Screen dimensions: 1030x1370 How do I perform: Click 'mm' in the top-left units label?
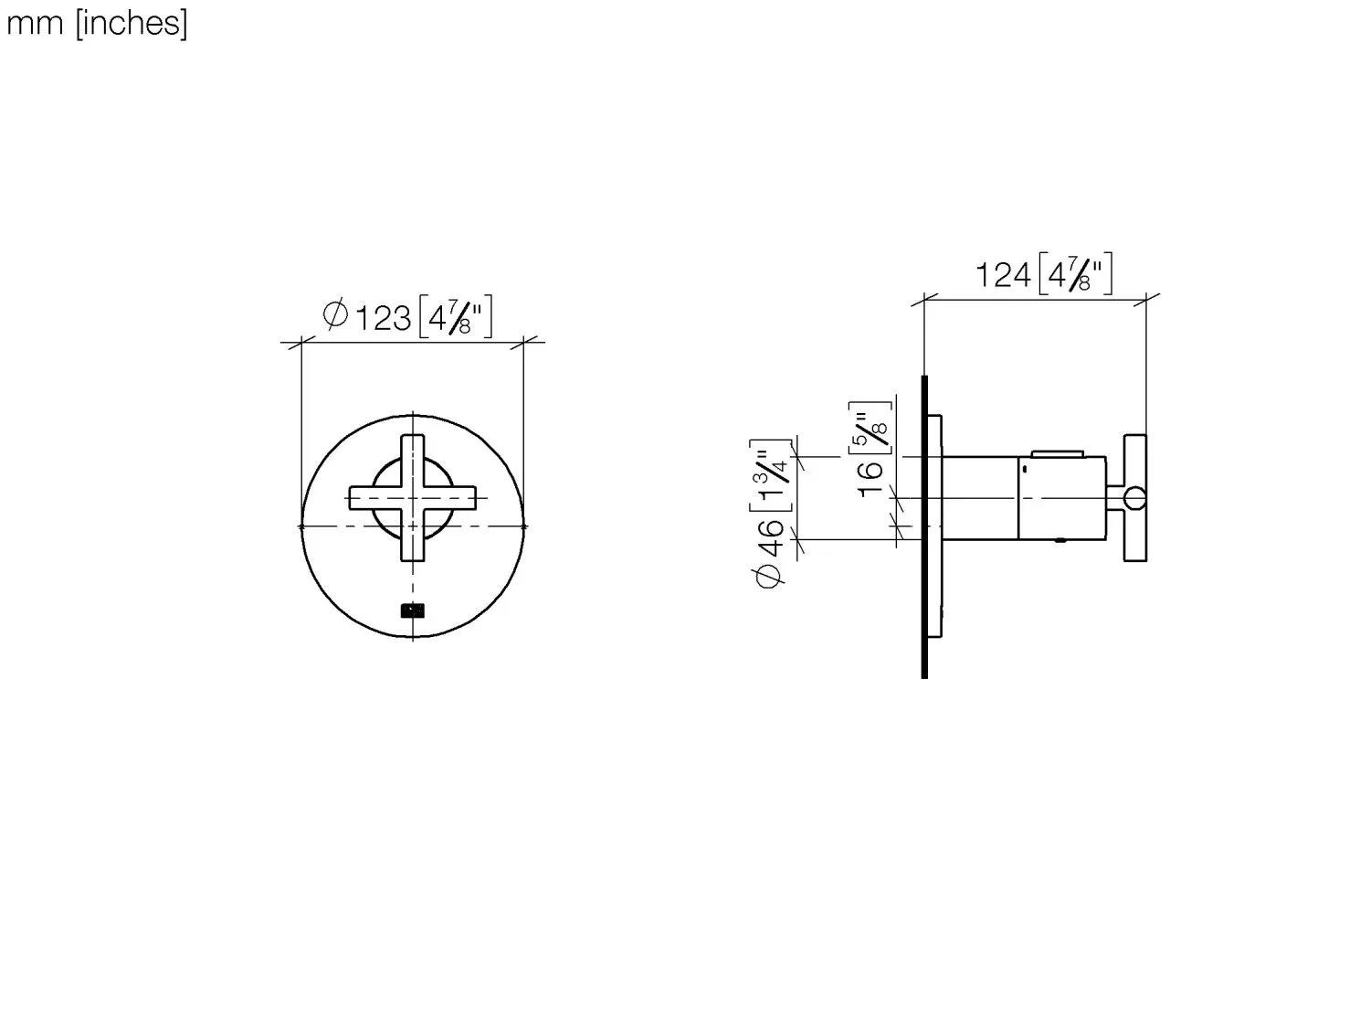tap(35, 24)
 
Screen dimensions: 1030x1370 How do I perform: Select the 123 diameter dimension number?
tap(383, 318)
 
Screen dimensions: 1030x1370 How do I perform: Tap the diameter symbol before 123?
tap(335, 314)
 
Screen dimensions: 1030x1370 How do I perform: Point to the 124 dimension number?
tap(1003, 274)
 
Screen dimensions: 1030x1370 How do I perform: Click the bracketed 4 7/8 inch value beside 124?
tap(1075, 273)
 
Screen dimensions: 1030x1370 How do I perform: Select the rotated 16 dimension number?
tap(871, 477)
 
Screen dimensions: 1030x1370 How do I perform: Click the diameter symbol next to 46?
tap(770, 577)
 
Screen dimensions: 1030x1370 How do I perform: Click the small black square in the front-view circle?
tap(413, 610)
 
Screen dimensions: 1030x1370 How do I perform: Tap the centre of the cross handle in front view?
tap(413, 498)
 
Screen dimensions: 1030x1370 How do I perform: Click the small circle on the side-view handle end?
tap(1134, 498)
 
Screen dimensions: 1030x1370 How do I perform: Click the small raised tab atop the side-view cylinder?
tap(1058, 452)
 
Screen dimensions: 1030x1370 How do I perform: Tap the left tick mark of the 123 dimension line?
tap(300, 343)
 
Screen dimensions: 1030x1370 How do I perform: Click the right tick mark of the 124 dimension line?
tap(1147, 298)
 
